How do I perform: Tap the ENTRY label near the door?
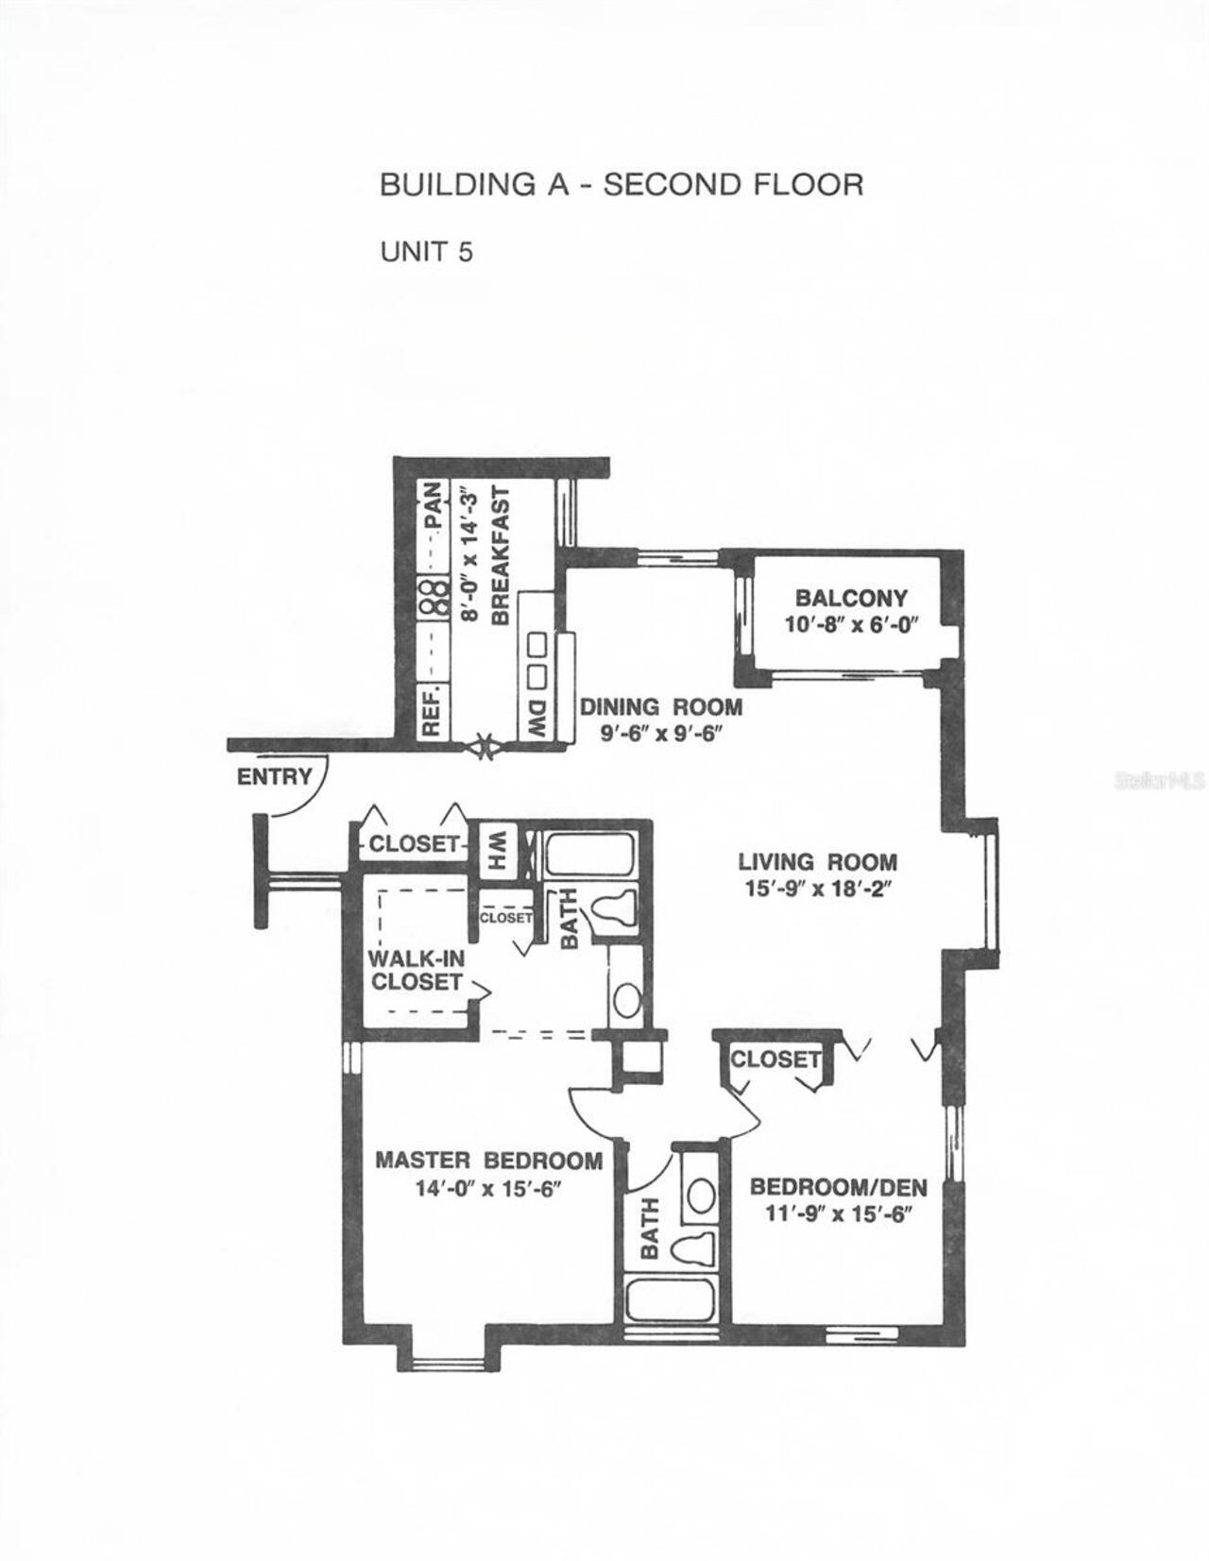tap(274, 777)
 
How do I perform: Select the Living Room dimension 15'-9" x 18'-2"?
tap(816, 889)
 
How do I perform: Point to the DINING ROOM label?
tap(661, 707)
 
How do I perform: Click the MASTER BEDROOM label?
tap(488, 1161)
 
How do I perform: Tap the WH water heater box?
tap(495, 849)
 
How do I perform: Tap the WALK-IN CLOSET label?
tap(417, 970)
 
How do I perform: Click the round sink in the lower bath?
tap(700, 1195)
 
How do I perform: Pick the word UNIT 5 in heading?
tap(426, 252)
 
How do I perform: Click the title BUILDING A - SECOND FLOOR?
tap(621, 184)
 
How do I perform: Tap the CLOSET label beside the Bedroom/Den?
tap(775, 1060)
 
